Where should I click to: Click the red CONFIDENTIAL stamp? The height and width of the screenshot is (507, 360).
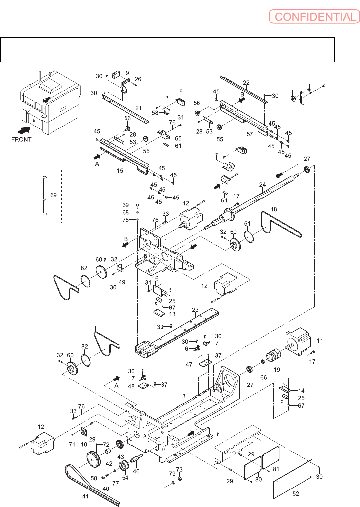tap(314, 17)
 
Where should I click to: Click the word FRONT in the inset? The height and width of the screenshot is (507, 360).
tap(21, 139)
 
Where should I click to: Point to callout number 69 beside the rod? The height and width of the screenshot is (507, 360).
tap(54, 195)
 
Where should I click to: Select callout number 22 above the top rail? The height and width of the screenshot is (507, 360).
tap(246, 83)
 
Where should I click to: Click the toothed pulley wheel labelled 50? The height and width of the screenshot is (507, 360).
tap(93, 459)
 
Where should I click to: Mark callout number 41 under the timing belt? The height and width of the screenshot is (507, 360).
tap(85, 496)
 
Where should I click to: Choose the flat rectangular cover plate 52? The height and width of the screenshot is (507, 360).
tap(293, 479)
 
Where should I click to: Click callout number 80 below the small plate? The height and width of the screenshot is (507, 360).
tap(259, 479)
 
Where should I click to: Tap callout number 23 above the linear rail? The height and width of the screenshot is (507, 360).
tap(195, 310)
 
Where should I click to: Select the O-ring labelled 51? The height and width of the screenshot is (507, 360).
tap(249, 237)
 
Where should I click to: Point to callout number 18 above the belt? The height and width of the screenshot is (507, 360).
tap(274, 209)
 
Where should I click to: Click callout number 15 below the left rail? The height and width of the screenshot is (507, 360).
tap(120, 171)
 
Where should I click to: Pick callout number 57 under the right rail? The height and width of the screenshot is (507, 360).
tap(250, 134)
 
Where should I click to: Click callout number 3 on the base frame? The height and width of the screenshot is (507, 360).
tap(184, 396)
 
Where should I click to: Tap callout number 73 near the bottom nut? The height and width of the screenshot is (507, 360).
tap(179, 469)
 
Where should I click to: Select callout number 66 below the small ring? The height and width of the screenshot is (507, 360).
tap(264, 377)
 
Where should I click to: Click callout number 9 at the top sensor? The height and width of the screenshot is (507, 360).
tap(127, 73)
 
